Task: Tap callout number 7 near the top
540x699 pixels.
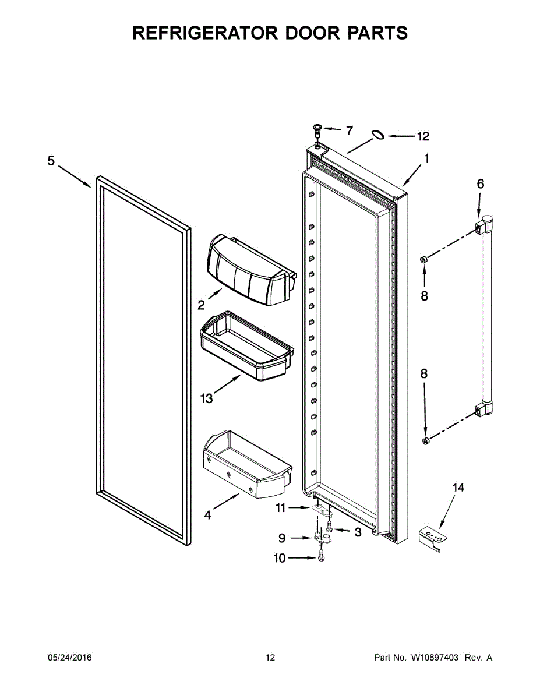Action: click(x=349, y=130)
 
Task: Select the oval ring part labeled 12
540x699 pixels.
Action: click(x=377, y=135)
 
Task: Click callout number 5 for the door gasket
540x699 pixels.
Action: click(x=51, y=161)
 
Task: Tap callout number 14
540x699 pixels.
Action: click(x=458, y=488)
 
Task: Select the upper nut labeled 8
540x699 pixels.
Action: click(x=425, y=258)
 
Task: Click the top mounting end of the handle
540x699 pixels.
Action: click(x=485, y=224)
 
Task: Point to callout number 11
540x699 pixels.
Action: click(x=281, y=508)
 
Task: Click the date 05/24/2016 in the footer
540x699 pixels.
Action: click(x=69, y=658)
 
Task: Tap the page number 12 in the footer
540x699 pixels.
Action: click(x=270, y=658)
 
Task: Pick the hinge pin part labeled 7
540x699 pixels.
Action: click(x=318, y=129)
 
